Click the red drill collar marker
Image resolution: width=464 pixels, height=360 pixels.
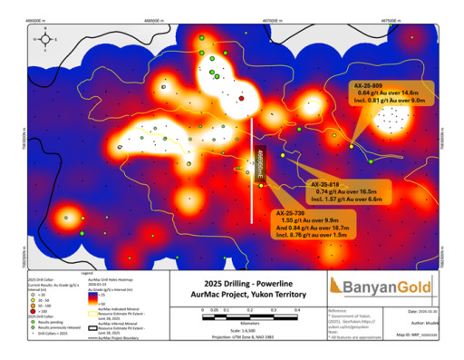point(242,98)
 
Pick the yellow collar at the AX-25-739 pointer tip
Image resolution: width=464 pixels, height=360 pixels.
point(261,186)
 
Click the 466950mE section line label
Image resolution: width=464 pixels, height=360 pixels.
point(257,161)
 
